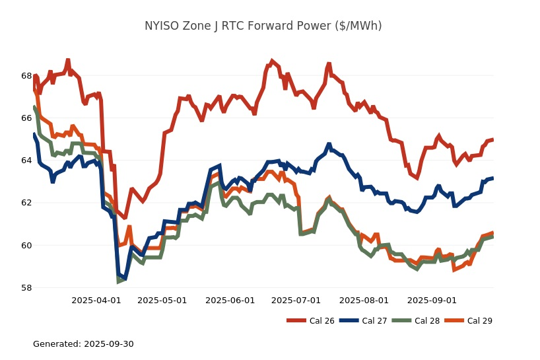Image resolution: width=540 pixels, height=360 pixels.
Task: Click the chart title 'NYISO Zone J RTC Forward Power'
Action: click(263, 26)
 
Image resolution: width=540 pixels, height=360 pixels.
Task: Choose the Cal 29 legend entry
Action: click(468, 321)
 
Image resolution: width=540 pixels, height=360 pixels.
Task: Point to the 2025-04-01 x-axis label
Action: click(96, 300)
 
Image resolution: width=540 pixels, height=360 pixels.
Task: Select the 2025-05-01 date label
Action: click(162, 300)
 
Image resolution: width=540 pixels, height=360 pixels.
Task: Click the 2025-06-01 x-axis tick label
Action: click(230, 300)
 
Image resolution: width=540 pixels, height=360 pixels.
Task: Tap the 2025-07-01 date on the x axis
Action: click(296, 300)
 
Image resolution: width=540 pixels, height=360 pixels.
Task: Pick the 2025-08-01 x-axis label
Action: click(364, 300)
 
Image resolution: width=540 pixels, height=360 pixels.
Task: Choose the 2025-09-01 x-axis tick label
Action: click(432, 300)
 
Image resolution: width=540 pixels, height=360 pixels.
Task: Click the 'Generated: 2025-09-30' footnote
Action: click(83, 344)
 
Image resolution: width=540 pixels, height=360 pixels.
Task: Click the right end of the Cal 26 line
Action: click(493, 139)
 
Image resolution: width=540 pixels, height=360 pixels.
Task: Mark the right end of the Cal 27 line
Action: click(493, 178)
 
